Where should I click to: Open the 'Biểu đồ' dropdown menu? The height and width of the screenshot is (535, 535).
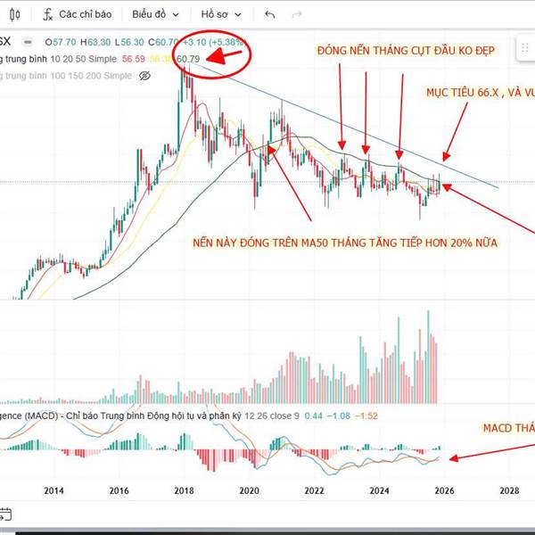coord(155,15)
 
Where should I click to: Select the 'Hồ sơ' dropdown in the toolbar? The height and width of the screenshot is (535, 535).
coord(221,15)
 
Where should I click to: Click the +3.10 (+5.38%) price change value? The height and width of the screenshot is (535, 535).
coord(213,42)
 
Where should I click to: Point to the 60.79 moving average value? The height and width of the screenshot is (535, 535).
coord(189,60)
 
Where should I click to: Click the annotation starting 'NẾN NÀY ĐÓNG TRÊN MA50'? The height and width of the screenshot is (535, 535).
coord(343,243)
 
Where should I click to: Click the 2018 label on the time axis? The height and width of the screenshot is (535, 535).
coord(185,490)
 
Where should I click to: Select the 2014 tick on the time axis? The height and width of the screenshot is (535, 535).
coord(54,490)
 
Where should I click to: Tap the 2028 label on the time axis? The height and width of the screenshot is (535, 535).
coord(509,490)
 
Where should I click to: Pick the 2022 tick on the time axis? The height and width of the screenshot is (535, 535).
coord(314,490)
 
